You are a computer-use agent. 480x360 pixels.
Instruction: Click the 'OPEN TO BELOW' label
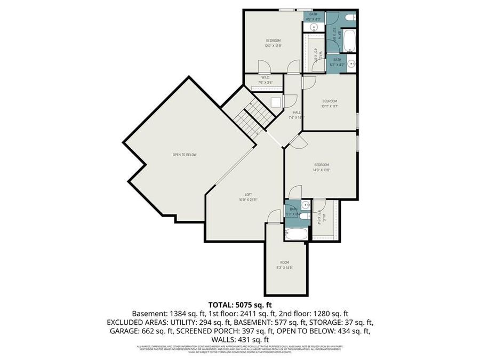pyautogui.click(x=185, y=155)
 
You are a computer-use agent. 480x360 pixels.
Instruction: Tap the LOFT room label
pyautogui.click(x=249, y=197)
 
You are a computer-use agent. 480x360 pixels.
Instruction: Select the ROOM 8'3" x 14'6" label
pyautogui.click(x=285, y=265)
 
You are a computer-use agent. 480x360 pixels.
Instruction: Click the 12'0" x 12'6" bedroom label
pyautogui.click(x=274, y=43)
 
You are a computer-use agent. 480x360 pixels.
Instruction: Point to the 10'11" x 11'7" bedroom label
pyautogui.click(x=330, y=103)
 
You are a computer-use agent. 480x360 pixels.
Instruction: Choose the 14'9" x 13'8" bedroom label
pyautogui.click(x=321, y=167)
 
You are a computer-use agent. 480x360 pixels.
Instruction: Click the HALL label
pyautogui.click(x=297, y=115)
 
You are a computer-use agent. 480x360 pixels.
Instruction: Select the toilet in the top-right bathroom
pyautogui.click(x=349, y=19)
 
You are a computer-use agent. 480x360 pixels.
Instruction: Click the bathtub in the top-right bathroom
pyautogui.click(x=349, y=41)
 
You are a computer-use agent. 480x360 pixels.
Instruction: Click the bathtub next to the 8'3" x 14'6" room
pyautogui.click(x=295, y=234)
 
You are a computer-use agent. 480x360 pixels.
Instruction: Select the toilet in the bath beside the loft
pyautogui.click(x=304, y=216)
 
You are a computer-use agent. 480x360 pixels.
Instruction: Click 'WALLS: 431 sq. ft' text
pyautogui.click(x=240, y=339)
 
